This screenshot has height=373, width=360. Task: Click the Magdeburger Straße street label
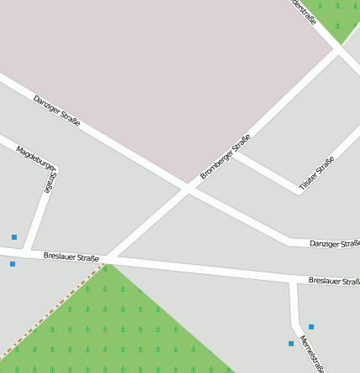pyautogui.click(x=37, y=168)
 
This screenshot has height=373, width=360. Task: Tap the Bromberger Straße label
pyautogui.click(x=225, y=158)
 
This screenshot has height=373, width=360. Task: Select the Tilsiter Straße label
pyautogui.click(x=317, y=173)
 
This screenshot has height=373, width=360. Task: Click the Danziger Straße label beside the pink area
pyautogui.click(x=57, y=111)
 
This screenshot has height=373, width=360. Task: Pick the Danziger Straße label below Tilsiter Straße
pyautogui.click(x=334, y=243)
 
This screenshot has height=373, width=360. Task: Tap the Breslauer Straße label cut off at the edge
pyautogui.click(x=334, y=281)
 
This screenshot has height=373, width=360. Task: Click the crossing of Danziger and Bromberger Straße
pyautogui.click(x=187, y=189)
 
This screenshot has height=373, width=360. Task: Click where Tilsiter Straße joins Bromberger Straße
pyautogui.click(x=231, y=152)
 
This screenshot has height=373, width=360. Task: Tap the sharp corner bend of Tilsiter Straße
pyautogui.click(x=300, y=193)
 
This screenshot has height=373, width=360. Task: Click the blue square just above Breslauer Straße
pyautogui.click(x=14, y=237)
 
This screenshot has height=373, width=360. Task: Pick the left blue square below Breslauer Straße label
pyautogui.click(x=13, y=264)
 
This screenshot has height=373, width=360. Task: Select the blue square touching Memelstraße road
pyautogui.click(x=291, y=344)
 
